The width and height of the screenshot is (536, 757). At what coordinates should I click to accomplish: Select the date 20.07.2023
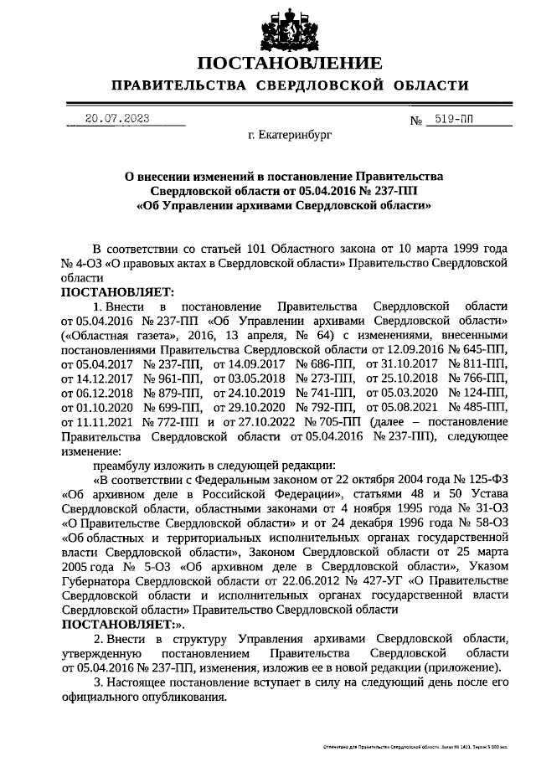tap(116, 119)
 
